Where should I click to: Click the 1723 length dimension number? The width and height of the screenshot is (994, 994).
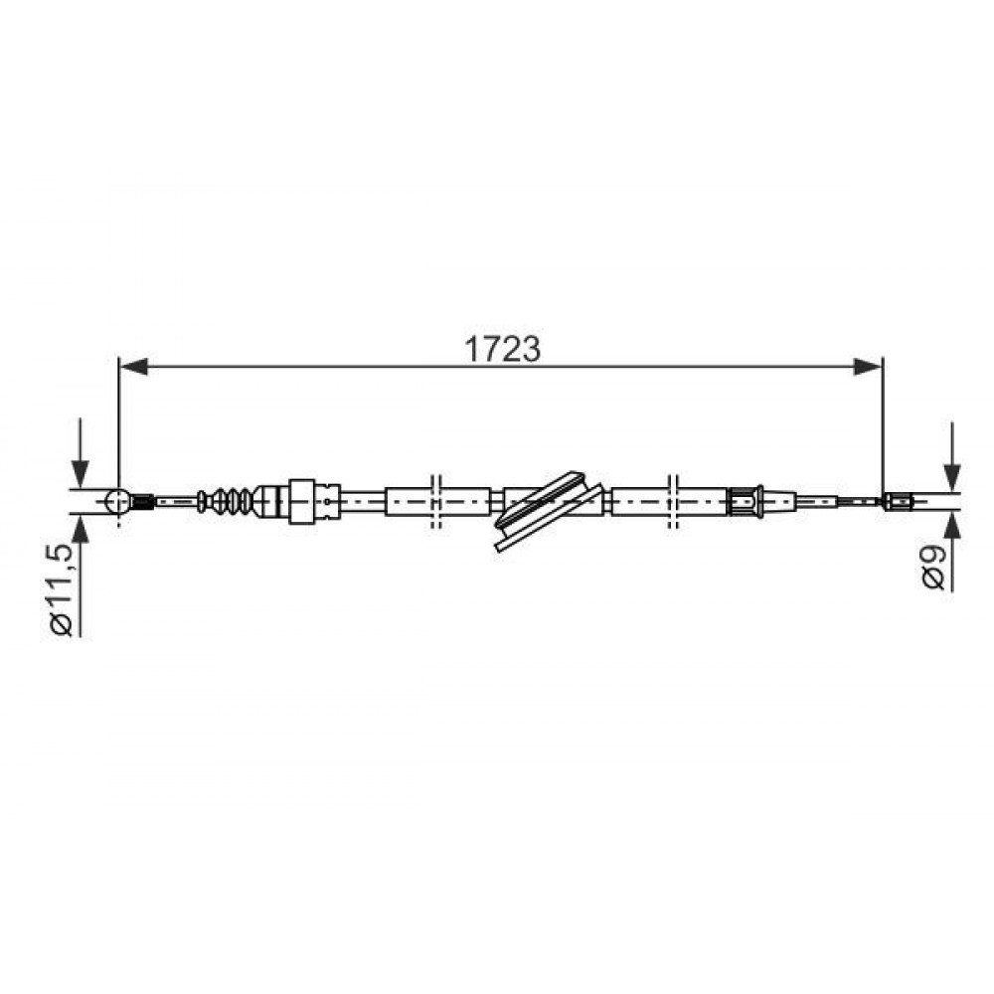tap(503, 349)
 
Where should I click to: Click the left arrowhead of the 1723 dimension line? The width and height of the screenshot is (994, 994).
tap(134, 367)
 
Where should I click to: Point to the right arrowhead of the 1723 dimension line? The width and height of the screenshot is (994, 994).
tap(867, 367)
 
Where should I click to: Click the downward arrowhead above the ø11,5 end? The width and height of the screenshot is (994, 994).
tap(80, 473)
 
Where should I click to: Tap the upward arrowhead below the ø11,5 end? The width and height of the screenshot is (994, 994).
tap(80, 529)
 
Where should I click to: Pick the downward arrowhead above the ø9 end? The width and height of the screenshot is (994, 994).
tap(951, 477)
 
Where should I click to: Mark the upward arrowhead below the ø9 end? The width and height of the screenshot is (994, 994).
tap(951, 526)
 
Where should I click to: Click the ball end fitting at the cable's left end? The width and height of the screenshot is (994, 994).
tap(118, 501)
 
